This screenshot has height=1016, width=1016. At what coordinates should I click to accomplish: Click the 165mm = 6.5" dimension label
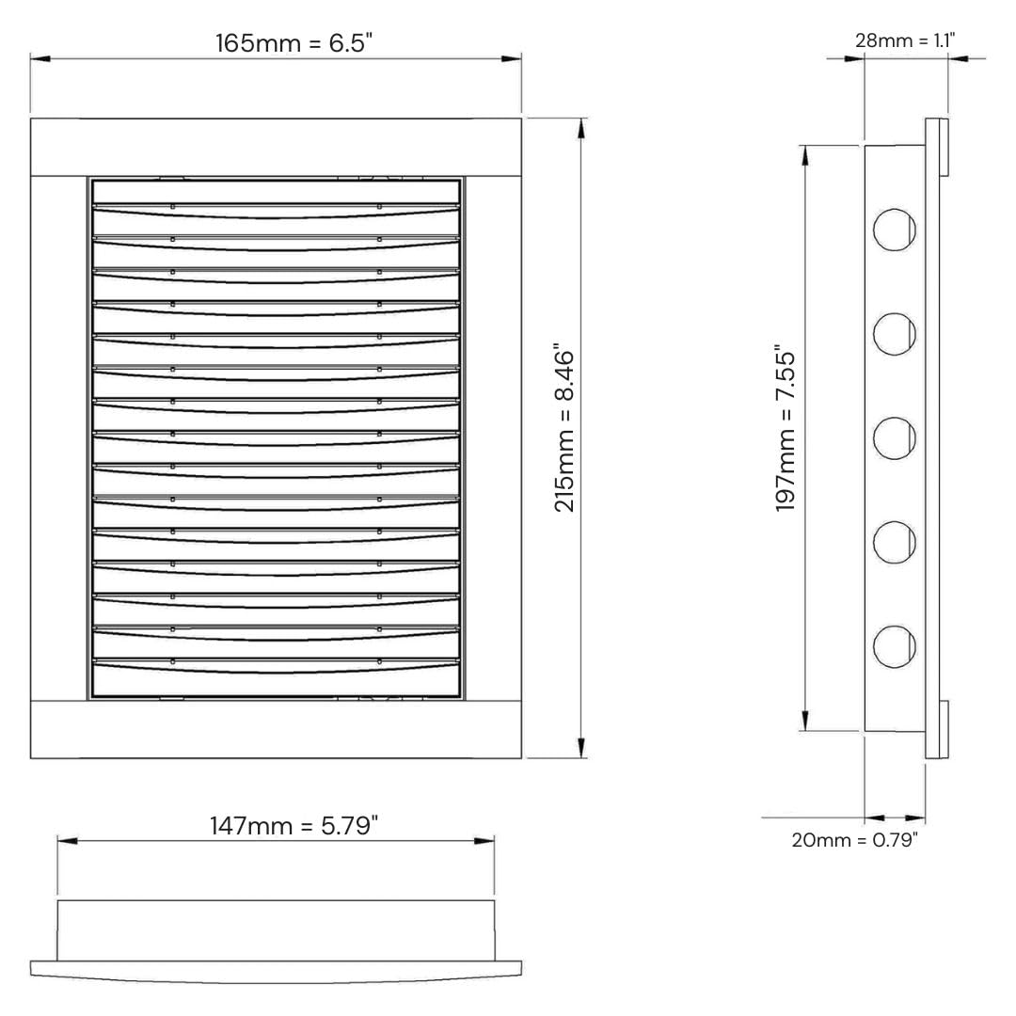point(294,43)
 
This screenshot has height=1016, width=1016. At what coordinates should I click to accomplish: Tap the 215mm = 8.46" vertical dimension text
point(564,431)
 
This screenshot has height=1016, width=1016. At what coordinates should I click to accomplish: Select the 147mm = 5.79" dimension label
point(294,826)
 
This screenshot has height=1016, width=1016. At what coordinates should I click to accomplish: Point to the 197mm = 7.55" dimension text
point(786,431)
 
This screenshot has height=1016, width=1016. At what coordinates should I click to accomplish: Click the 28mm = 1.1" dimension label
point(905,40)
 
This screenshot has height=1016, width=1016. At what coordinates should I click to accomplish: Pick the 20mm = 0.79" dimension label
point(854,840)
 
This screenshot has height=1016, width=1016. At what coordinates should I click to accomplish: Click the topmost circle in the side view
point(895,230)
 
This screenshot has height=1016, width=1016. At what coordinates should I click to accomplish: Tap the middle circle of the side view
point(895,438)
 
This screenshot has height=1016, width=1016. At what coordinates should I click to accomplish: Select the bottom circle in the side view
point(895,646)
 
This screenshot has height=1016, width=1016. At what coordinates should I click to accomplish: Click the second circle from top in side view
point(895,334)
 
